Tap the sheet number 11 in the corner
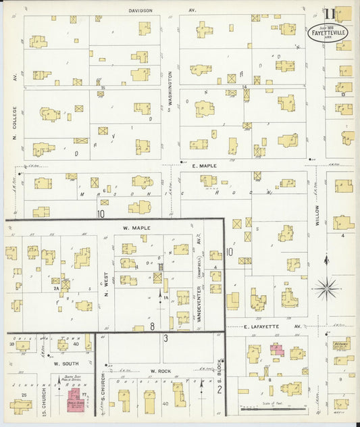point(328,14)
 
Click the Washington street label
point(170,91)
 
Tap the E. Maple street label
point(203,166)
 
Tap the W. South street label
point(63,363)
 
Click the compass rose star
point(328,289)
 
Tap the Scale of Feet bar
point(274,409)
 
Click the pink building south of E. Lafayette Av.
point(276,349)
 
